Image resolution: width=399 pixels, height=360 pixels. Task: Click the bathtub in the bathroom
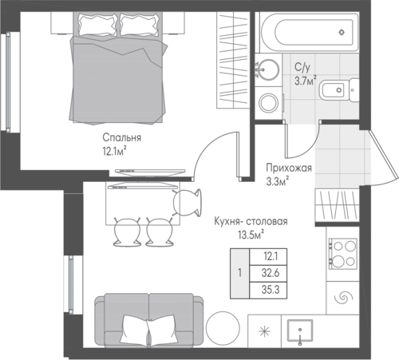point(310,32)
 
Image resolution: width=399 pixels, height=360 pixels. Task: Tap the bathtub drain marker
point(342,33)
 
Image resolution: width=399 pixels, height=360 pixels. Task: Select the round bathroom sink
point(268,69)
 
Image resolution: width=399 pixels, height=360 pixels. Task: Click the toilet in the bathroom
point(339,90)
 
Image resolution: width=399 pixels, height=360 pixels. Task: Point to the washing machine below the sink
point(269,103)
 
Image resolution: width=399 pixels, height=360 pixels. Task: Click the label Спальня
point(122,137)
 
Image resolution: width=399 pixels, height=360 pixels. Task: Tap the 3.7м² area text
point(306,81)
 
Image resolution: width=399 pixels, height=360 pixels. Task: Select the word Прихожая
point(289,168)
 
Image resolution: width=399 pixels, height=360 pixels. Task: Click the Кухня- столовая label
point(251,221)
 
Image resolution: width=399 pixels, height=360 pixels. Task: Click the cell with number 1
point(240,273)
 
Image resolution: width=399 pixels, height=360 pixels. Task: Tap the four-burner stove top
point(342,254)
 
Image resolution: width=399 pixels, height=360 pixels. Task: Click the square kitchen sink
point(300,330)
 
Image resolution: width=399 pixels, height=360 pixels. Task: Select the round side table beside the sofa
point(223,328)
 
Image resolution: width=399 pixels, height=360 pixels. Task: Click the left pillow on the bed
point(97,25)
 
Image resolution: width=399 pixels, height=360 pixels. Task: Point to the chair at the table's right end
point(188,203)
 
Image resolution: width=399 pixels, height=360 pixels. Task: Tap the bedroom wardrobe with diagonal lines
point(233,60)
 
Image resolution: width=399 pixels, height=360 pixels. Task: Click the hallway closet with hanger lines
point(337,205)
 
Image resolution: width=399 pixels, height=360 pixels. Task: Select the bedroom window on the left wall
point(8,81)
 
